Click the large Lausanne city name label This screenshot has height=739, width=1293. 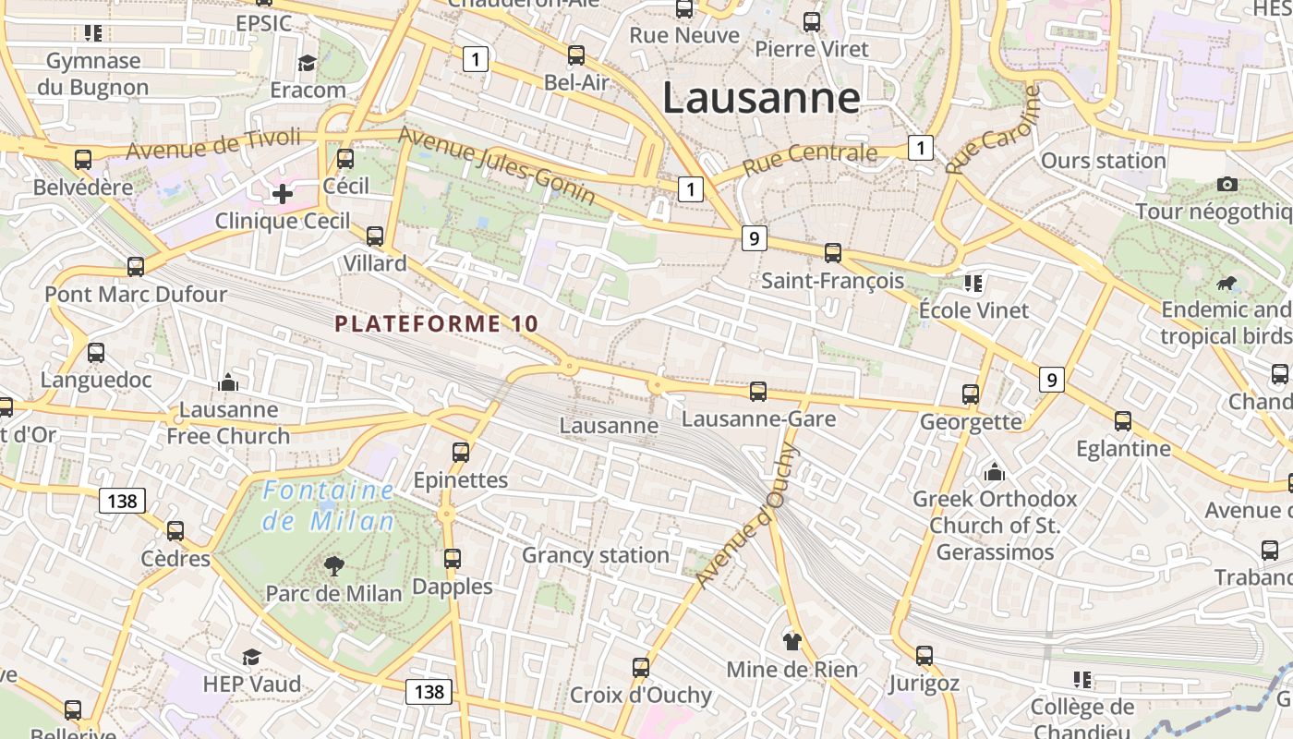pyautogui.click(x=761, y=98)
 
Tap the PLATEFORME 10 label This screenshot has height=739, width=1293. pyautogui.click(x=436, y=324)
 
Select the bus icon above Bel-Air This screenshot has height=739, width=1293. pyautogui.click(x=576, y=55)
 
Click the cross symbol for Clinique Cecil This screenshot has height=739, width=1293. pyautogui.click(x=283, y=194)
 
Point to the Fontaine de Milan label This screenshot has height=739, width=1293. pyautogui.click(x=329, y=505)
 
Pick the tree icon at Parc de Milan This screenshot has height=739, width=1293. pyautogui.click(x=333, y=565)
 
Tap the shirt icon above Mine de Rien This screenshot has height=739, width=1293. pyautogui.click(x=792, y=641)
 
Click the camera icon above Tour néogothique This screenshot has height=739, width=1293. pyautogui.click(x=1227, y=184)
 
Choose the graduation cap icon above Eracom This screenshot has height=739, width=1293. pyautogui.click(x=307, y=63)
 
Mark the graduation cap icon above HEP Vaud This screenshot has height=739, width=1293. pyautogui.click(x=251, y=657)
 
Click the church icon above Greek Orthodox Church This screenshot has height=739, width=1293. pyautogui.click(x=995, y=472)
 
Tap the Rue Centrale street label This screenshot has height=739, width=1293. pyautogui.click(x=810, y=158)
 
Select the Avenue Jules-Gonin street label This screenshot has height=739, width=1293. pyautogui.click(x=496, y=165)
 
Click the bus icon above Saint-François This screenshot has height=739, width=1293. pyautogui.click(x=832, y=252)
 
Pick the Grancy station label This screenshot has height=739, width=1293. pyautogui.click(x=596, y=555)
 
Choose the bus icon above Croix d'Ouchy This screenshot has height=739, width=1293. pyautogui.click(x=641, y=667)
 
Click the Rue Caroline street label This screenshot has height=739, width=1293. pyautogui.click(x=992, y=130)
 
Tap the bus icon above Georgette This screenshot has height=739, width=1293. pyautogui.click(x=971, y=394)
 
